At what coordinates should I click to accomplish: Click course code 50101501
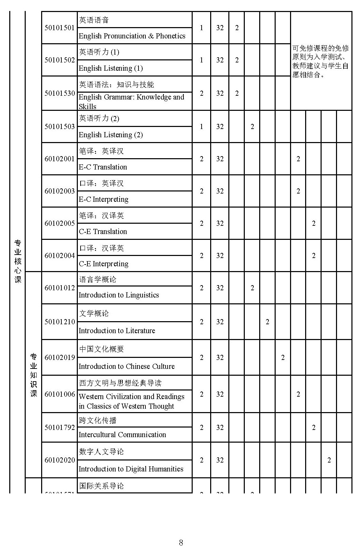(59, 28)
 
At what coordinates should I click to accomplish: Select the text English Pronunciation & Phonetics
(132, 36)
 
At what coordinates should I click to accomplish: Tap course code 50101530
(59, 93)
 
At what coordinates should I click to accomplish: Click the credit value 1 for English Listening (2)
(202, 127)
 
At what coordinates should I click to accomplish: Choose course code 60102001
(59, 159)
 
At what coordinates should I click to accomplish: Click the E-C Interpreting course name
(104, 199)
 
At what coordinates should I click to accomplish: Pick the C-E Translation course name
(103, 232)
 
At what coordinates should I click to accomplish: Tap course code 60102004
(59, 256)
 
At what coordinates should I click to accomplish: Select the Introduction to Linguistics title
(119, 295)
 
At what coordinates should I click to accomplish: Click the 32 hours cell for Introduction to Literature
(220, 322)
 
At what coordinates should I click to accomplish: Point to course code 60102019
(59, 358)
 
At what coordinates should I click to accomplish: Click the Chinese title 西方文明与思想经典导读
(120, 383)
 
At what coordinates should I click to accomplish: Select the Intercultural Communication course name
(122, 435)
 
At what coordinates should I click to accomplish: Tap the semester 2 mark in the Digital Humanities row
(329, 460)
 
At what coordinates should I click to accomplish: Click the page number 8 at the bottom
(181, 542)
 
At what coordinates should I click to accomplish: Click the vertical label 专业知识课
(34, 375)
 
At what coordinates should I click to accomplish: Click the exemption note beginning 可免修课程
(321, 61)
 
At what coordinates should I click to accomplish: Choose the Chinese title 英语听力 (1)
(99, 52)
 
